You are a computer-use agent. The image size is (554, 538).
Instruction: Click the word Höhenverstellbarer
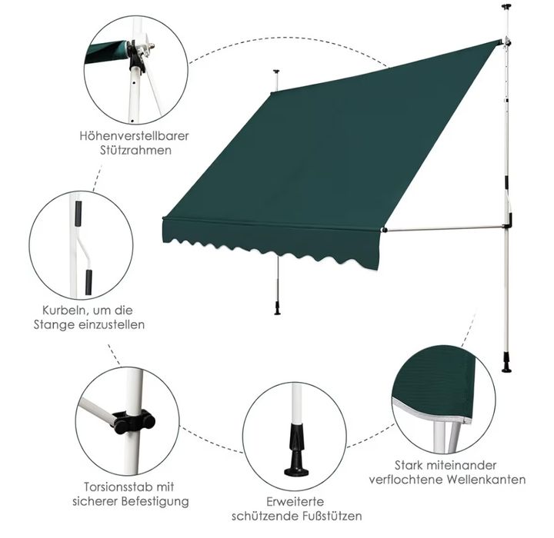134,136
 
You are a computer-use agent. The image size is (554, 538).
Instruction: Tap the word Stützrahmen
135,151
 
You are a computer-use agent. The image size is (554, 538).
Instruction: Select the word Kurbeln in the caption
65,311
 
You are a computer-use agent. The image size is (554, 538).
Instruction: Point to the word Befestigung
155,502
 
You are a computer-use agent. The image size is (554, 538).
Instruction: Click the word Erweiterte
295,502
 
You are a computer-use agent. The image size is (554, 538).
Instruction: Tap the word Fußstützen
332,516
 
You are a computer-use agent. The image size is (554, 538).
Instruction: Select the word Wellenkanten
486,480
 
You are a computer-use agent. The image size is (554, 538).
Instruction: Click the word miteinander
461,465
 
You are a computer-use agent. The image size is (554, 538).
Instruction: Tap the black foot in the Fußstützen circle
296,450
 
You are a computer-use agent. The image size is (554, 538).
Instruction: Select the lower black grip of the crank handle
88,282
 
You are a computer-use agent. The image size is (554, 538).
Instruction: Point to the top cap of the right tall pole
507,6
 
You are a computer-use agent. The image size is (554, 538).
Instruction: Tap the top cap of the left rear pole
276,72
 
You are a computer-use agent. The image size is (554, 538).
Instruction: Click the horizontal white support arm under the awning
445,228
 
